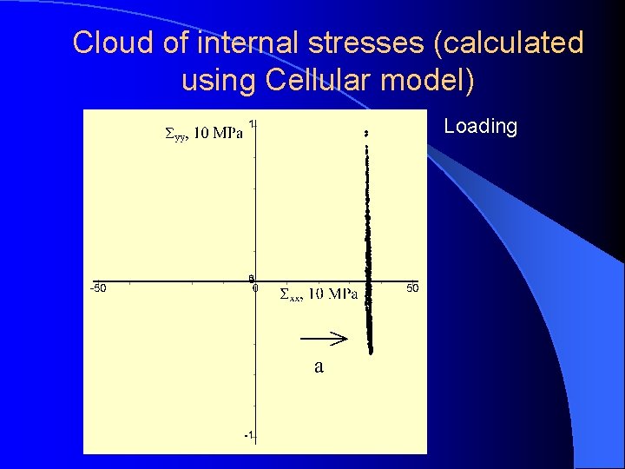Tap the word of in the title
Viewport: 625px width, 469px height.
(x=168, y=43)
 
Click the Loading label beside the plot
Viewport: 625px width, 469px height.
(x=480, y=127)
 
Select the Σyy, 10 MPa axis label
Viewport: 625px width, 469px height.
(x=204, y=134)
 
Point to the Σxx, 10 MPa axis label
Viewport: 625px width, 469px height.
(x=319, y=294)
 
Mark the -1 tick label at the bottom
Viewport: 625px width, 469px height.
(x=249, y=435)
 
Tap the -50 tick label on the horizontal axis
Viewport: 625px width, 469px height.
(x=98, y=288)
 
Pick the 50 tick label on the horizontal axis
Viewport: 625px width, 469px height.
(x=413, y=287)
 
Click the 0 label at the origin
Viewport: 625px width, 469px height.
(x=255, y=288)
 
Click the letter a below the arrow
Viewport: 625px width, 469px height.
(x=319, y=367)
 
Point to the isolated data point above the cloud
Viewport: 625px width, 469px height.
(x=366, y=133)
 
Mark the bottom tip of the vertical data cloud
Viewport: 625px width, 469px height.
(x=371, y=352)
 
